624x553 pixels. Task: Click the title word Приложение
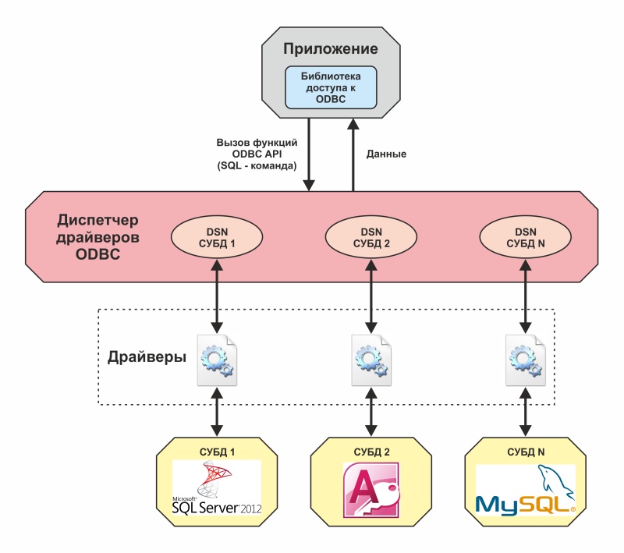click(x=331, y=49)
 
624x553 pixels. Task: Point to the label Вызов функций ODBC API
click(x=257, y=154)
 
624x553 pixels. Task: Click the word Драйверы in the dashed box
click(x=147, y=358)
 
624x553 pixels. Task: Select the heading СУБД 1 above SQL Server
click(x=218, y=452)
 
